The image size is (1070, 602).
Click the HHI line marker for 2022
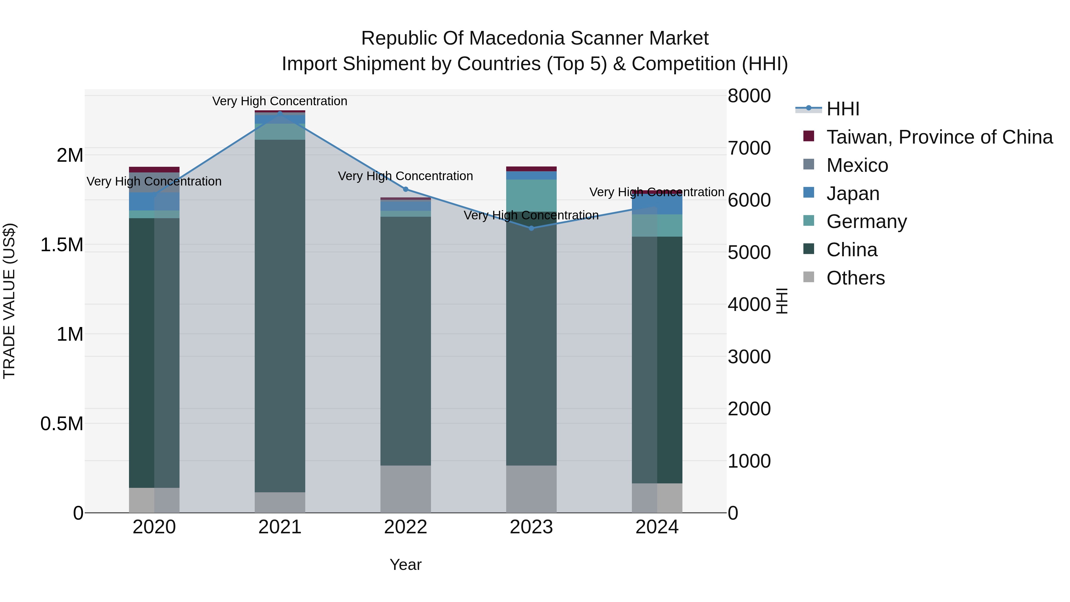[406, 189]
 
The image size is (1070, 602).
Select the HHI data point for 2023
[531, 228]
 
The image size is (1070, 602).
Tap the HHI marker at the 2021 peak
[280, 113]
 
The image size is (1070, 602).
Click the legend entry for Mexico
[857, 165]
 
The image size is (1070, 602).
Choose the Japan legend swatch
[809, 193]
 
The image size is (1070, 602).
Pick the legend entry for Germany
[866, 221]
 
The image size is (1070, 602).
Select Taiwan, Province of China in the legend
[939, 137]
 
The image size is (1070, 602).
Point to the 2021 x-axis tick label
[280, 527]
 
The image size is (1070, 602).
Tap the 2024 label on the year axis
[657, 527]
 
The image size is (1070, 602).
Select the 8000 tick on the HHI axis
[749, 96]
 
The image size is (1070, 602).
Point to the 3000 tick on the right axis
[749, 357]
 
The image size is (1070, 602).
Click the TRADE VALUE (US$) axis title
[9, 301]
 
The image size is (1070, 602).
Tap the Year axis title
[405, 565]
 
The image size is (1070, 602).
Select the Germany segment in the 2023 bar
[531, 195]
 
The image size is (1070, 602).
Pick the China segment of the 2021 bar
[280, 316]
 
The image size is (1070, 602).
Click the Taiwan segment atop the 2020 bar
[154, 169]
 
